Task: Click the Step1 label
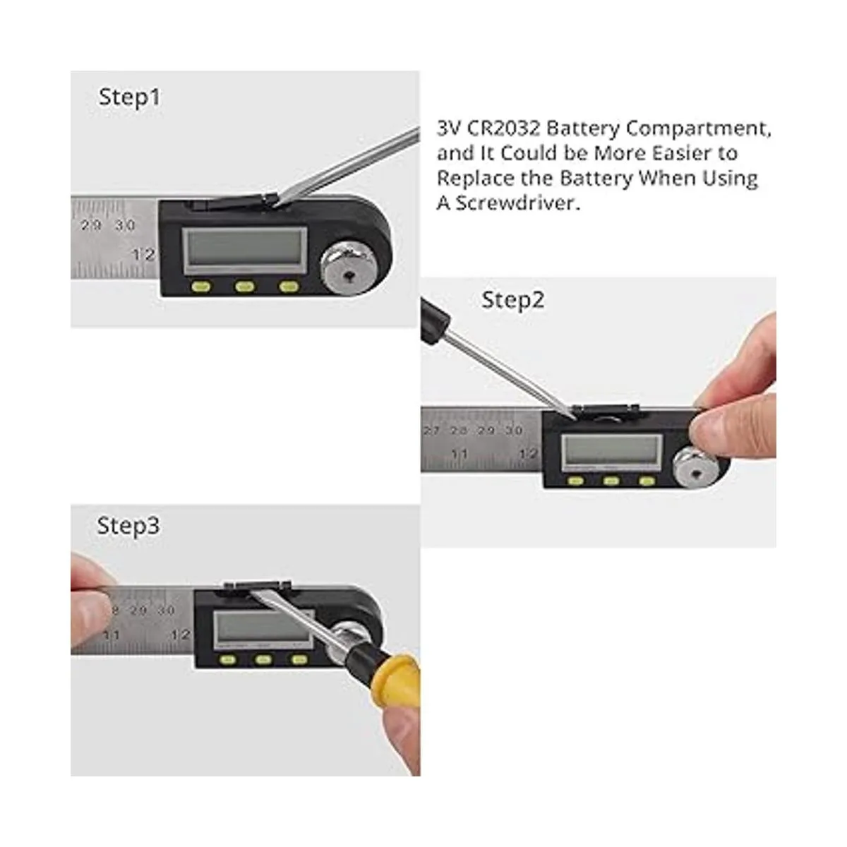point(130,97)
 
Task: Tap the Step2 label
point(513,301)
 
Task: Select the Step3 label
point(128,526)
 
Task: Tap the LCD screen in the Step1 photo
point(245,249)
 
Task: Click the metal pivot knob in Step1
point(348,268)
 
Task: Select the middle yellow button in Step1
point(245,287)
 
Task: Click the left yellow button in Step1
point(201,287)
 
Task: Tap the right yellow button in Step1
point(289,287)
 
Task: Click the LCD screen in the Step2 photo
point(612,450)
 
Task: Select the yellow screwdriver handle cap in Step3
point(398,688)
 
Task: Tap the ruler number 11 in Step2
point(459,454)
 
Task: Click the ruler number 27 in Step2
point(432,431)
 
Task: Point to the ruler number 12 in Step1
point(144,254)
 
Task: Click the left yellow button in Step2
point(575,481)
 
